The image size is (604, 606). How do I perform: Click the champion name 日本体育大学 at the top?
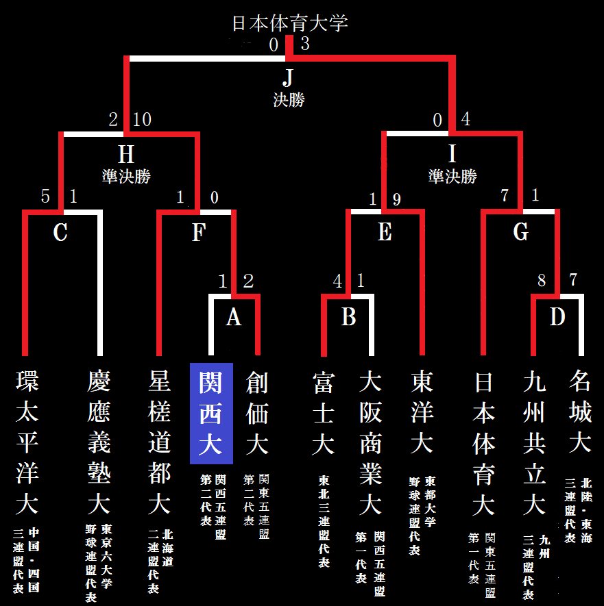(289, 23)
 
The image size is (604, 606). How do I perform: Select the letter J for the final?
(289, 75)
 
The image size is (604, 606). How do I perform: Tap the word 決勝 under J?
(289, 100)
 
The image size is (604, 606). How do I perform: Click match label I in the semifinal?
(452, 151)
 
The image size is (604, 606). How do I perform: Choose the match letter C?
(60, 233)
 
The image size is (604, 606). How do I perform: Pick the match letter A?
(234, 318)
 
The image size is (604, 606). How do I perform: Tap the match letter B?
(348, 318)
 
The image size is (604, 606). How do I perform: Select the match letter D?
(557, 318)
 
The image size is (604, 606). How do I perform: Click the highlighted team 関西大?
(211, 413)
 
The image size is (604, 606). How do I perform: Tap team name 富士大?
(323, 413)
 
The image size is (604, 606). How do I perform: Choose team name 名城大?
(579, 413)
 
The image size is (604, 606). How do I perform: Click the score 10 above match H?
(143, 120)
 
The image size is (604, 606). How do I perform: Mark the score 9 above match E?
(396, 199)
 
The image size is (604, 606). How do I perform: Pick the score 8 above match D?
(542, 281)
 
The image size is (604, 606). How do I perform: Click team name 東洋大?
(422, 413)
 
